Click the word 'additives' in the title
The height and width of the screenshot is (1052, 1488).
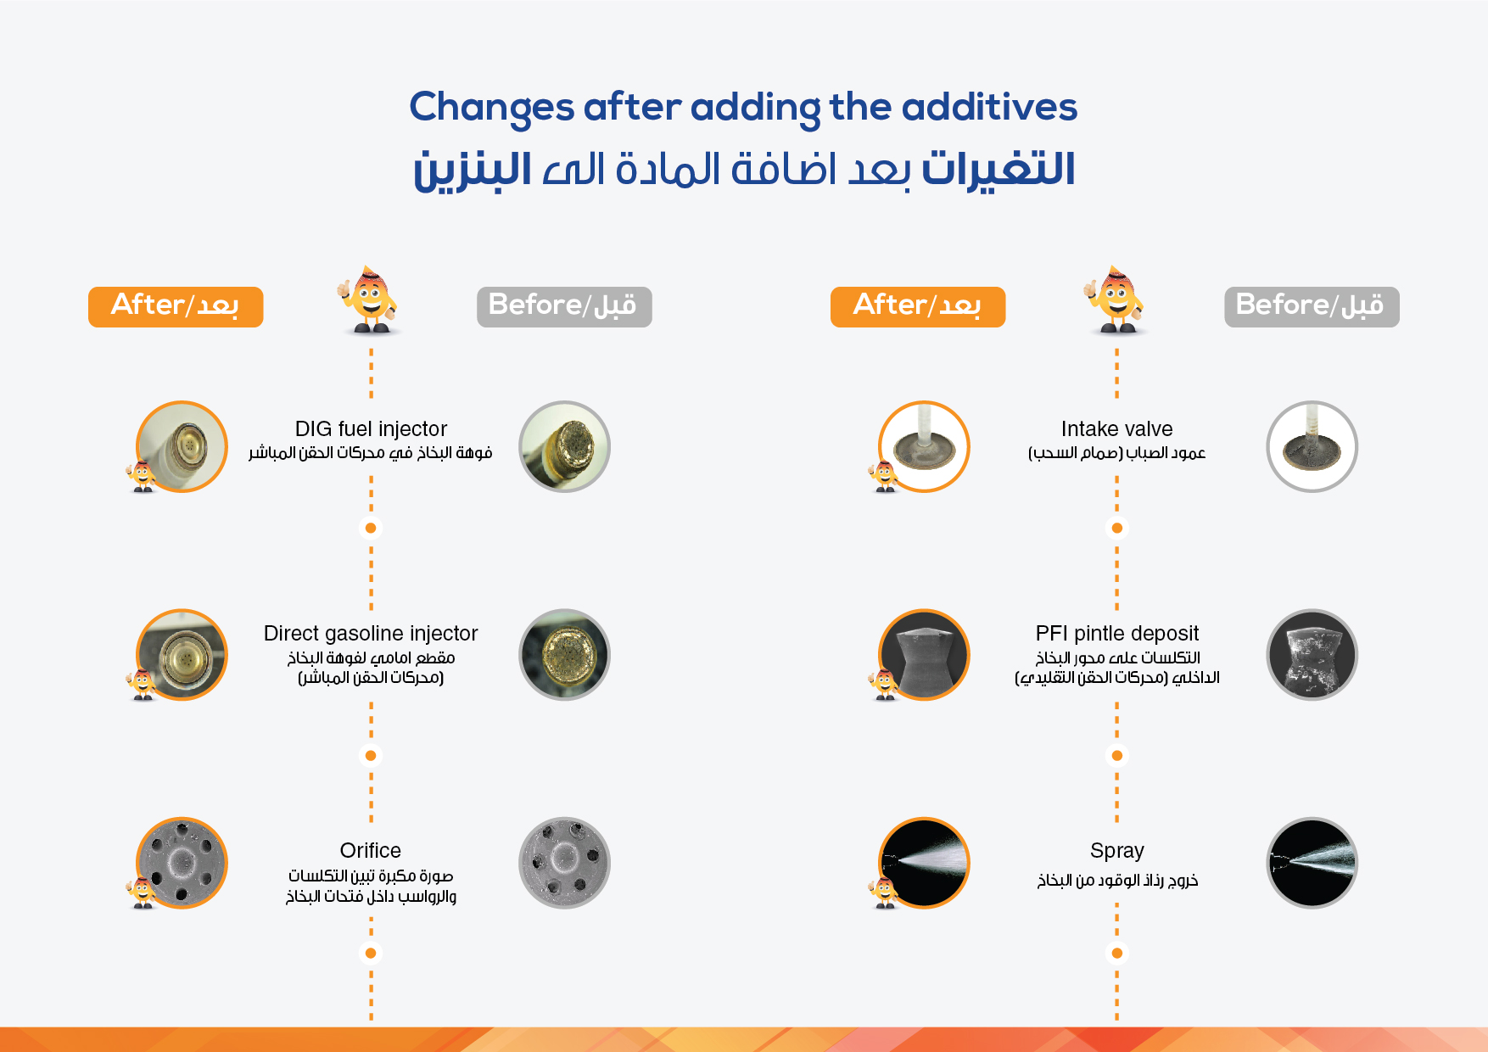pos(989,108)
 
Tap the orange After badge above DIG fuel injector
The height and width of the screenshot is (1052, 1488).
pos(176,306)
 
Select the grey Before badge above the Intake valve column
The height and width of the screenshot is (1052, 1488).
pos(1312,306)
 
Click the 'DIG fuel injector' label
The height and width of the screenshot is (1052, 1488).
pos(371,429)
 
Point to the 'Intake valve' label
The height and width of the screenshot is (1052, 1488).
pos(1116,429)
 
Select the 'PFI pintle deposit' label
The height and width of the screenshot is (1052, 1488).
pos(1116,634)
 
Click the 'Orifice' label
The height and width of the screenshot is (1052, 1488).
pos(371,850)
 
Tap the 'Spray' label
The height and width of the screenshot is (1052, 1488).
pos(1116,850)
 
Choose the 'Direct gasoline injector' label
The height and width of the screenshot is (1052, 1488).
pos(371,634)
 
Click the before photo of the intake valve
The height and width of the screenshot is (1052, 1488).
pos(1312,446)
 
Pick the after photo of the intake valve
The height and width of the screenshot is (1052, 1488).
pos(925,446)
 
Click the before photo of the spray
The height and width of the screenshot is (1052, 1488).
pos(1312,863)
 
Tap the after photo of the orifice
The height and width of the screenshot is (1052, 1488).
pos(182,863)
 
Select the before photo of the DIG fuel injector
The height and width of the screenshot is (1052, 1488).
pos(564,446)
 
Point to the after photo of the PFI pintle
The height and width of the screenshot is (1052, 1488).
pos(925,654)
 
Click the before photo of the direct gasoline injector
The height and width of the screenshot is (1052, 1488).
pos(564,654)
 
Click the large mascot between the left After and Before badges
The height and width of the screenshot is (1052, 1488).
pos(369,300)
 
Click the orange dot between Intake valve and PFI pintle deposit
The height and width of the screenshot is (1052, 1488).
pos(1116,528)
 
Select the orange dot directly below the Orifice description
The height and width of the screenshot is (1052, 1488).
pos(371,953)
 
